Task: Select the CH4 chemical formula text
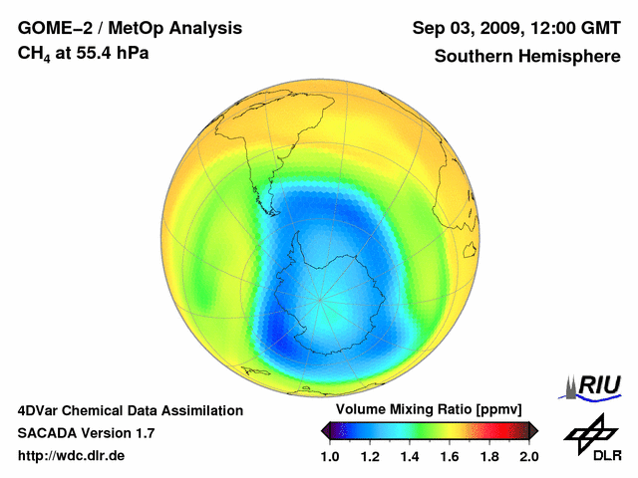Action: pos(34,55)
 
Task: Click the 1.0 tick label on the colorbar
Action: pos(330,456)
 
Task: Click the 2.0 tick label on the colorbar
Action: pos(528,456)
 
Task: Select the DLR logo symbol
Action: pos(592,434)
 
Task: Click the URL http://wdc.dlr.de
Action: pos(72,456)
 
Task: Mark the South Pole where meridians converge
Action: pos(320,299)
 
